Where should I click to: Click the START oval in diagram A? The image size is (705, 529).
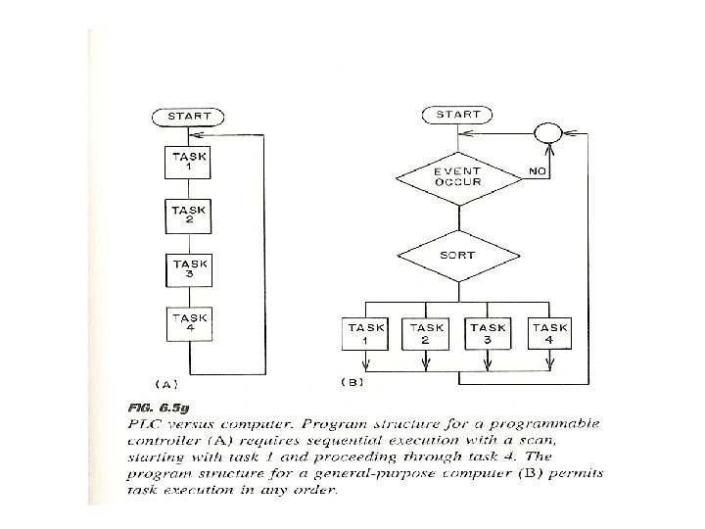coord(190,116)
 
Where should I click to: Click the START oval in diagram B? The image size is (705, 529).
coord(457,115)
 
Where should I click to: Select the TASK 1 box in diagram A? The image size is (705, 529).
coord(190,163)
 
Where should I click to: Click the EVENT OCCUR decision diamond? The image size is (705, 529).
coord(457,176)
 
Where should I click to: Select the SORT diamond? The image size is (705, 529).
coord(457,256)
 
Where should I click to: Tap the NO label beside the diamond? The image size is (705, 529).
coord(538,169)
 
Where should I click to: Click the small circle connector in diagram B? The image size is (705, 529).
coord(547,132)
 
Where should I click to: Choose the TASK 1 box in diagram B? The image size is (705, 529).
coord(365,334)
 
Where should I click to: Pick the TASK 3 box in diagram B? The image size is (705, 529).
coord(488,334)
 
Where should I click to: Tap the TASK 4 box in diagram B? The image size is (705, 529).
coord(549,334)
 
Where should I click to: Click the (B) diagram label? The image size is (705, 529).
coord(351,381)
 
